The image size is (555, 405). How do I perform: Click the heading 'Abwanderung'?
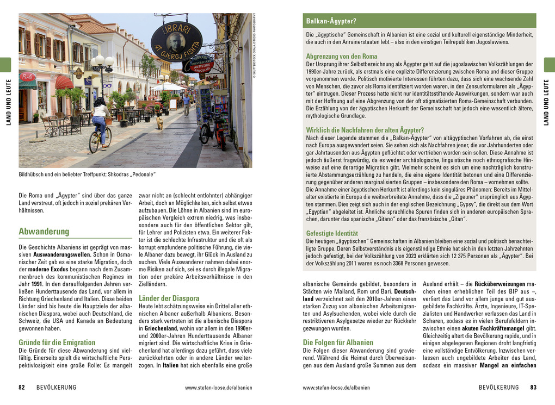pos(44,232)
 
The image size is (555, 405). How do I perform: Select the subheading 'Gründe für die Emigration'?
pos(57,342)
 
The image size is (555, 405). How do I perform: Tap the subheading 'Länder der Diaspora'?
pos(169,298)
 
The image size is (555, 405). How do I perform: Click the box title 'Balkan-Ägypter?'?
pos(331,21)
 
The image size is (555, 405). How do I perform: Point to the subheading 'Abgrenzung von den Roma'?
pos(342,57)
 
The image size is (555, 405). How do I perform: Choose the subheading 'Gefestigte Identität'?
pos(332,233)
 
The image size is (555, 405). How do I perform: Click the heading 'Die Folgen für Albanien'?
pos(338,342)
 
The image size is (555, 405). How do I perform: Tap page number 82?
pos(22,388)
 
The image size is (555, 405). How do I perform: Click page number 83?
pos(533,388)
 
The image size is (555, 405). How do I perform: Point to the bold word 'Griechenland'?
pos(161,328)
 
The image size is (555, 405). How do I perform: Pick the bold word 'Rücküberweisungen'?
pos(500,284)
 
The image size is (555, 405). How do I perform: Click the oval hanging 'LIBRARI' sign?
pos(176,42)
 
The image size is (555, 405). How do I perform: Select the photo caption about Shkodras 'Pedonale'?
pos(87,175)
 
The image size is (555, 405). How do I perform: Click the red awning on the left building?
pos(64,82)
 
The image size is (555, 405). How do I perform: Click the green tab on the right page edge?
pos(550,65)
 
